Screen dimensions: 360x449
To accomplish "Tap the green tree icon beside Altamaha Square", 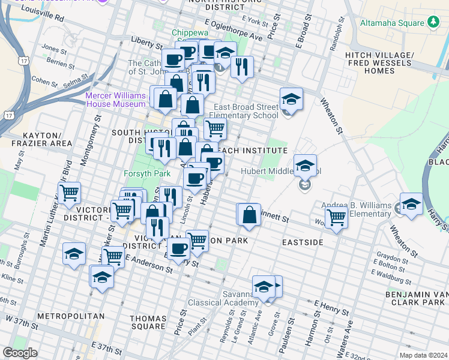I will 433,23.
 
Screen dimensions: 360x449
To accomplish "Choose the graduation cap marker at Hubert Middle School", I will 305,166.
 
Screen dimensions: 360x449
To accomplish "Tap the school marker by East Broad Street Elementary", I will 291,100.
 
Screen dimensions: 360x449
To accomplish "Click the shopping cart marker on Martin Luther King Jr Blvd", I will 70,193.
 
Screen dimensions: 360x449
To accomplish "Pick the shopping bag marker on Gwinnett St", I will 250,214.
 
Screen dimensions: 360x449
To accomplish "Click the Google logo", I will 20,353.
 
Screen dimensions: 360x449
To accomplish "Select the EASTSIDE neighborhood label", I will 303,242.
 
